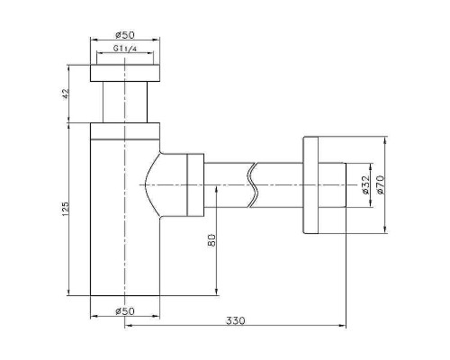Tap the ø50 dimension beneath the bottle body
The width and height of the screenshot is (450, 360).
tap(124, 310)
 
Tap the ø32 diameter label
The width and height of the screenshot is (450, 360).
tap(365, 184)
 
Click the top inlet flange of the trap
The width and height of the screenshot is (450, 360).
tap(124, 71)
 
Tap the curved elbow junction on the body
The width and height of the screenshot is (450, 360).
tap(162, 184)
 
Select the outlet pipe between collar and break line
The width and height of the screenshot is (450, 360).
tap(229, 184)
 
